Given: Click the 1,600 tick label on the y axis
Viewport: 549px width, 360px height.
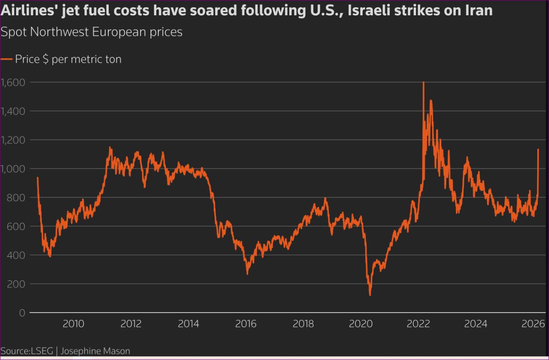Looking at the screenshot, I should click(13, 82).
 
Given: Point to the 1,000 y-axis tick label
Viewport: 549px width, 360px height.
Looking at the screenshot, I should click(13, 169).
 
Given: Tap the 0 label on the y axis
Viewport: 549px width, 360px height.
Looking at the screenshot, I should click(22, 313).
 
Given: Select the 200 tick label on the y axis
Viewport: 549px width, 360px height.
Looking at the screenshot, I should click(16, 284).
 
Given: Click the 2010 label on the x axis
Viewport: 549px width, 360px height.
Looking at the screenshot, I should click(73, 324).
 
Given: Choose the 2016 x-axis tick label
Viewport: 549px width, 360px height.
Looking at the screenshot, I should click(246, 324).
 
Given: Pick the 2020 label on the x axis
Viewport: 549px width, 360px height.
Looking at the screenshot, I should click(361, 324).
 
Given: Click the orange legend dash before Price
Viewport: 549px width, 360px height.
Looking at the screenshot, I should click(6, 59).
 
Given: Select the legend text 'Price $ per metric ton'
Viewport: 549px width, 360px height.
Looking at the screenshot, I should click(68, 59).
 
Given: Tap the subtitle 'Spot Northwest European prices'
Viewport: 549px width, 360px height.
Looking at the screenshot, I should click(91, 32).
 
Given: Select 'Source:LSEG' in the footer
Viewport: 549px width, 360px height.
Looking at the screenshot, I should click(26, 351).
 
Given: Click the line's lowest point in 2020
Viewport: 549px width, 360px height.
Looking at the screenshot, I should click(370, 295).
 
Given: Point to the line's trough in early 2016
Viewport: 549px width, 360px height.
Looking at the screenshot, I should click(247, 274).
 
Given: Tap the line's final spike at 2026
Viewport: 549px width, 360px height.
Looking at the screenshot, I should click(538, 149).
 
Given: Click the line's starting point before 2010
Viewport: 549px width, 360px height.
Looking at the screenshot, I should click(37, 178).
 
